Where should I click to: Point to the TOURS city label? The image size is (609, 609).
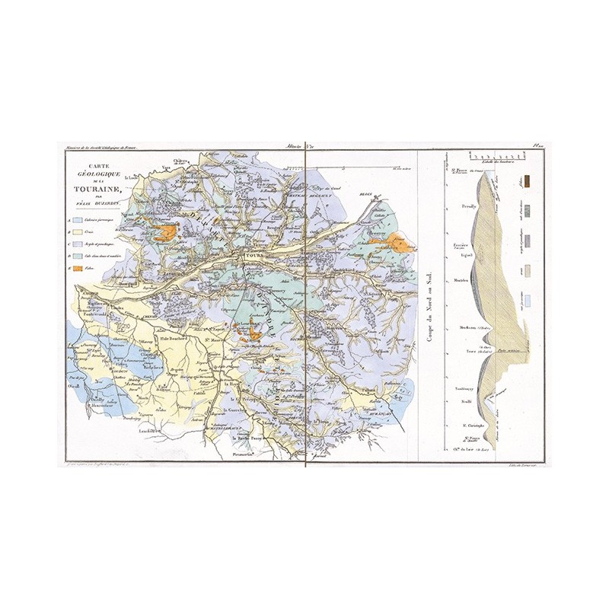252,256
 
